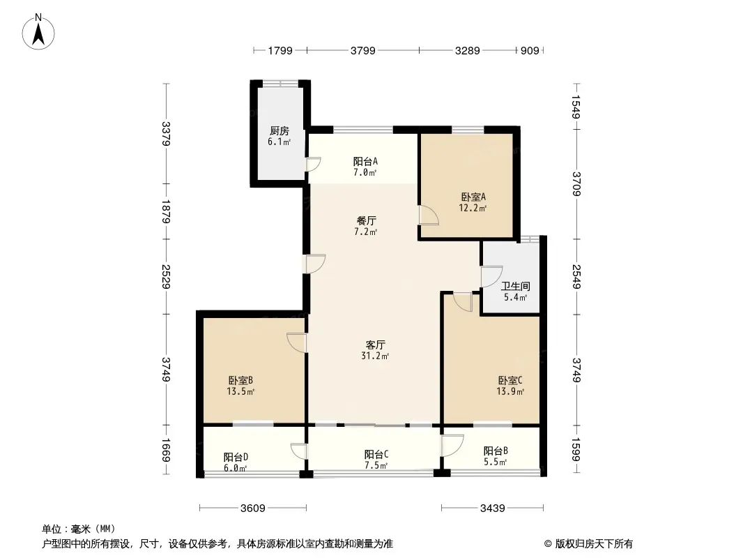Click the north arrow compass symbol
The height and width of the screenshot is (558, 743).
coord(38,31)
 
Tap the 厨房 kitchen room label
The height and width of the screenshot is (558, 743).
coord(279,131)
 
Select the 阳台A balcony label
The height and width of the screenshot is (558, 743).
coord(365,162)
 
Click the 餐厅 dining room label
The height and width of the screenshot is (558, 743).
coord(367,221)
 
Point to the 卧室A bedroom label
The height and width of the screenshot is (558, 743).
coord(473,197)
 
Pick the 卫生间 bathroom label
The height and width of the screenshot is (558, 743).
coord(516,287)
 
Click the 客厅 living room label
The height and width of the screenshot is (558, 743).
coord(375,345)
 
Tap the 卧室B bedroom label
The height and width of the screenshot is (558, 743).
coord(240,380)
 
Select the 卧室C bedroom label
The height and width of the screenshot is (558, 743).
coord(510,380)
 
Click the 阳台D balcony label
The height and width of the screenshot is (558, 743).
coord(236,457)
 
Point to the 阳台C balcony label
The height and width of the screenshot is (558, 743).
coord(376,454)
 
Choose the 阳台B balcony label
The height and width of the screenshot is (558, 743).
coord(496,451)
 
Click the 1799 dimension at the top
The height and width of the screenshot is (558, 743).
coord(280,50)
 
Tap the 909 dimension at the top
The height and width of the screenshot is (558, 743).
coord(530,50)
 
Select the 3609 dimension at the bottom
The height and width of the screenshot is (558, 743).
coord(252,508)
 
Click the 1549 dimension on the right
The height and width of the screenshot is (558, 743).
coord(576,107)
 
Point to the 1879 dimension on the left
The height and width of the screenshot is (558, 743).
coord(166,211)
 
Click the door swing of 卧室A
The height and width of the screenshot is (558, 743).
coord(429,215)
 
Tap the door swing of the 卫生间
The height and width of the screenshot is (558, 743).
coord(491,277)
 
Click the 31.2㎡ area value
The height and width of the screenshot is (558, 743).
coord(375,356)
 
